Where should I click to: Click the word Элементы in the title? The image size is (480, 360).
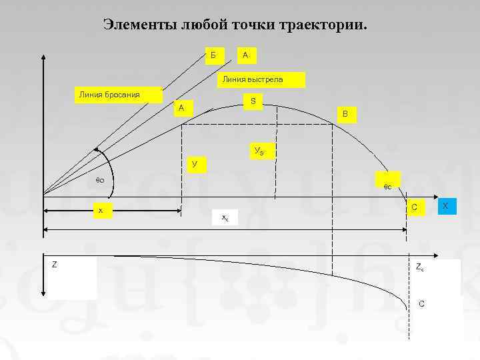[x=136, y=25]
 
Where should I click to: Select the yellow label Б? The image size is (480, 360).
[x=213, y=54]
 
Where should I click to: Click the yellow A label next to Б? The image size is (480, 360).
[x=246, y=54]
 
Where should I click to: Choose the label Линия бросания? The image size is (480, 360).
[x=109, y=94]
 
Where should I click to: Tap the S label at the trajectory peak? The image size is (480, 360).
[x=254, y=101]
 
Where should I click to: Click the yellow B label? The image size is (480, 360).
[x=345, y=114]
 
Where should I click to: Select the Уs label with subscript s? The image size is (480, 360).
[x=259, y=151]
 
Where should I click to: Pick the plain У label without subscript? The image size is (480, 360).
[x=194, y=164]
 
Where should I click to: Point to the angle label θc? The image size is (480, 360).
[x=387, y=187]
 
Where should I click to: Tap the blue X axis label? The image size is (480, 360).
[x=445, y=207]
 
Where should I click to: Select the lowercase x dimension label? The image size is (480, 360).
[x=101, y=211]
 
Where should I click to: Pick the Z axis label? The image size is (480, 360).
[x=55, y=265]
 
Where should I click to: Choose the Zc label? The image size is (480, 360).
[x=419, y=268]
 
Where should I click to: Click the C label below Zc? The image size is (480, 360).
[x=421, y=304]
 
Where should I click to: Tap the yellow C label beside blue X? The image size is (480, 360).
[x=415, y=208]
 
